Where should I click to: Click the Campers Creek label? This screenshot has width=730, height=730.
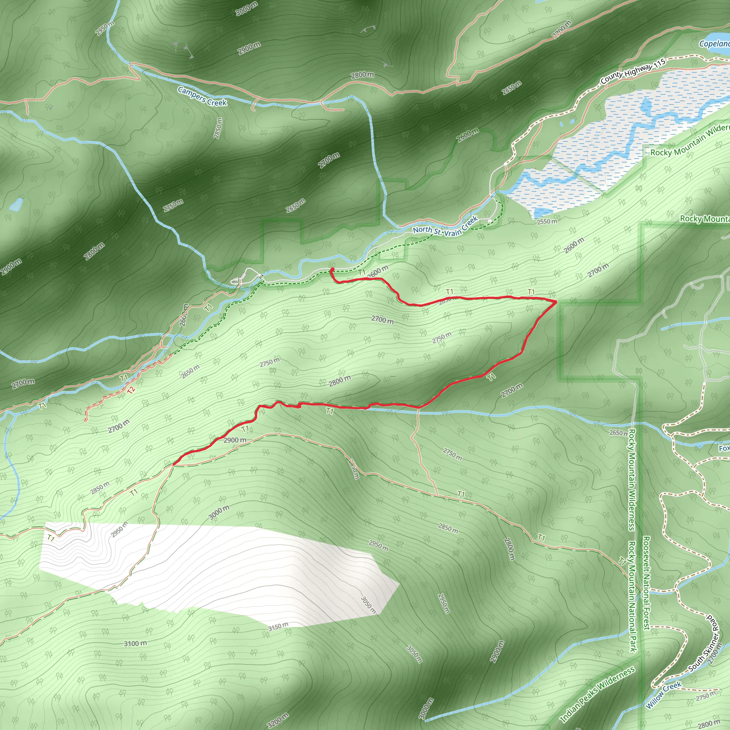(202, 96)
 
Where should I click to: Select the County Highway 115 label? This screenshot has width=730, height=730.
(633, 71)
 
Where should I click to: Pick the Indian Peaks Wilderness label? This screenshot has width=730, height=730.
(597, 694)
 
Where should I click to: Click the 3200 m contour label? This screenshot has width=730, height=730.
(278, 720)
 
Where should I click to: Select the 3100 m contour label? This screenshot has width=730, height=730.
(135, 643)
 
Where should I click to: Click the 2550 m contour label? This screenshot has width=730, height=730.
(547, 221)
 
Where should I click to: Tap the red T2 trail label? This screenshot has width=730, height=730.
(131, 390)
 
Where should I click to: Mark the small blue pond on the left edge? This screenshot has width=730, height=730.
(16, 205)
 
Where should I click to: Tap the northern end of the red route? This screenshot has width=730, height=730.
(332, 269)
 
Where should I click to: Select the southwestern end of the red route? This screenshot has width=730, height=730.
(174, 464)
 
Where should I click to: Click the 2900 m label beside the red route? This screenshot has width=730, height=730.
(235, 440)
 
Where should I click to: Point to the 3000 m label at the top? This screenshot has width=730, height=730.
(247, 8)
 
